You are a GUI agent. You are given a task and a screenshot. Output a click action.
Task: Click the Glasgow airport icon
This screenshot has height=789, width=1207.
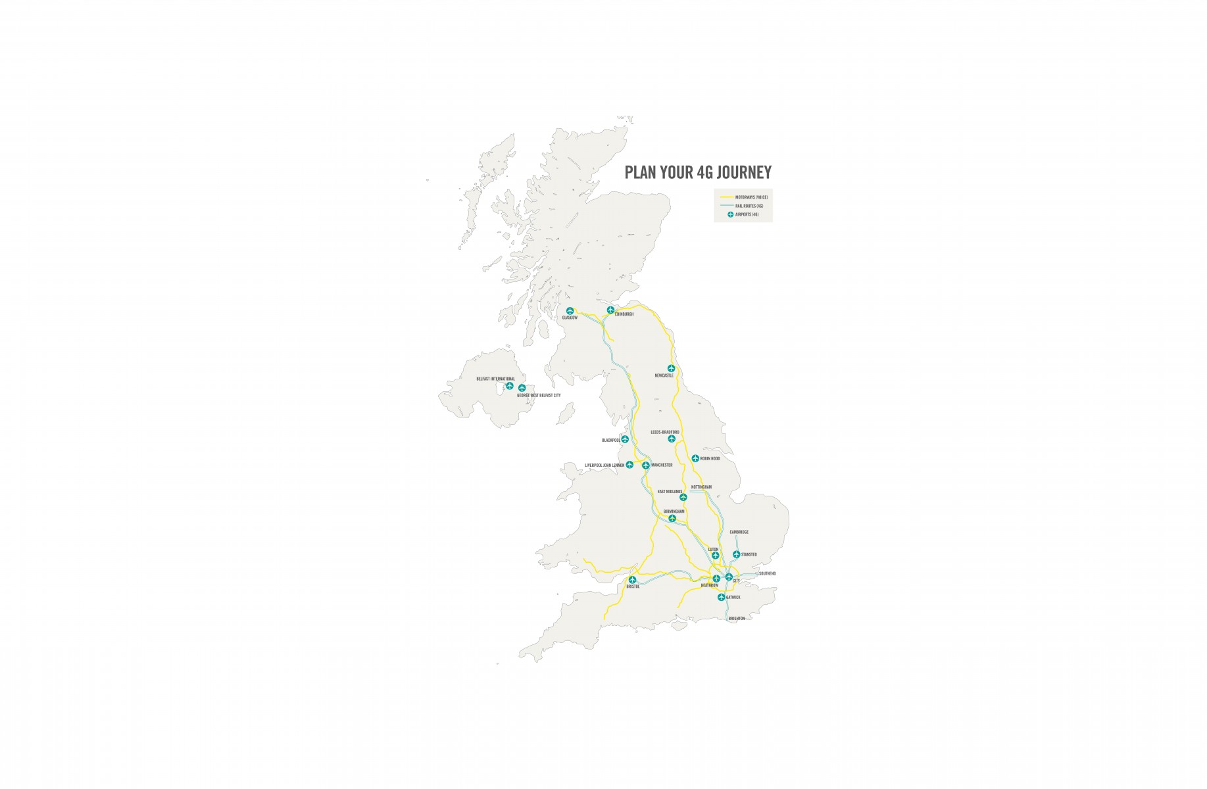[570, 311]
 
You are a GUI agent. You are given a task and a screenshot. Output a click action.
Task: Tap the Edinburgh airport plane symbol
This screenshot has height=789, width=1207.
[610, 309]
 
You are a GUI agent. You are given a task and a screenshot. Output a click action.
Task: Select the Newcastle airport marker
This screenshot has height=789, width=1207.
[671, 369]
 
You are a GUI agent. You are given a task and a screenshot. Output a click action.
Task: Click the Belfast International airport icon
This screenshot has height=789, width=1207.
[509, 386]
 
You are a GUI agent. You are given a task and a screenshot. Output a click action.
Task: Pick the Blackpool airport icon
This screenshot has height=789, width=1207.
[625, 439]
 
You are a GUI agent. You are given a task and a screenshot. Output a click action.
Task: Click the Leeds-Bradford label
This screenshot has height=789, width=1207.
[665, 432]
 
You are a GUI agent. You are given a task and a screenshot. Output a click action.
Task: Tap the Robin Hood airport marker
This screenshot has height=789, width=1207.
[695, 458]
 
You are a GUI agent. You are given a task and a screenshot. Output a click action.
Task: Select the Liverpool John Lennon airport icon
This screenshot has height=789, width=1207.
[629, 465]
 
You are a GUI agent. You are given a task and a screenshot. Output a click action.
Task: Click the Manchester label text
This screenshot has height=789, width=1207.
[661, 465]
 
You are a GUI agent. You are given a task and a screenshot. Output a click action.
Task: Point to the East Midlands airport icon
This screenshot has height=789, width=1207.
[683, 497]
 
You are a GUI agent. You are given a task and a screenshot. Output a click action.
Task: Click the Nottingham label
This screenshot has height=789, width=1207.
[701, 487]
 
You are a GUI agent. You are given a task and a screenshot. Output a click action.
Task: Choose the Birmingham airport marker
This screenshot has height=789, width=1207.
[672, 519]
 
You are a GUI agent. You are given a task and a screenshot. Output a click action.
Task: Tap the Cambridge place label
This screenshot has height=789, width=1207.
[739, 532]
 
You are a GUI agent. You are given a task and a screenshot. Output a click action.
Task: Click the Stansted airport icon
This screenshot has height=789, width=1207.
[736, 554]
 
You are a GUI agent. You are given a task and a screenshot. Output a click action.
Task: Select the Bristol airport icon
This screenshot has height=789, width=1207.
[632, 580]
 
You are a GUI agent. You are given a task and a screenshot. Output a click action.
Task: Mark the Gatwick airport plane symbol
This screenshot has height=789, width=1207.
[722, 598]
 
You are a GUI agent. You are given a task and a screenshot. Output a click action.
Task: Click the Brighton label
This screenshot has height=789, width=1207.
[737, 619]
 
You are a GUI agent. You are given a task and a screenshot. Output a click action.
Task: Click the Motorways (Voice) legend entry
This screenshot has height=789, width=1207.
[751, 197]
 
